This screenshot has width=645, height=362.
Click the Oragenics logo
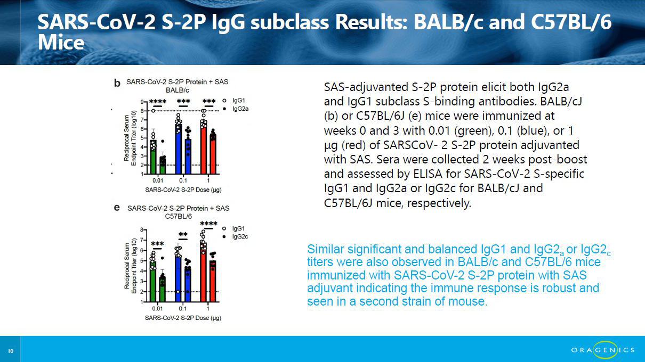[603, 350]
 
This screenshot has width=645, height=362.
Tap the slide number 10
[10, 351]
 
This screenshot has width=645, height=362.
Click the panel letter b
[117, 83]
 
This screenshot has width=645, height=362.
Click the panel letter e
[117, 208]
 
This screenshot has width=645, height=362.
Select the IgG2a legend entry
[236, 109]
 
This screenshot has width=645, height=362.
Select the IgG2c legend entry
[236, 237]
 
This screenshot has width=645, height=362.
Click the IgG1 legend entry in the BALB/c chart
[234, 101]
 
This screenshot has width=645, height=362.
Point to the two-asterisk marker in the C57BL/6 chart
[183, 234]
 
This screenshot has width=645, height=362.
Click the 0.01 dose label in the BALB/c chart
[157, 180]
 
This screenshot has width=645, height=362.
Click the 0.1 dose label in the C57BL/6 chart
[182, 309]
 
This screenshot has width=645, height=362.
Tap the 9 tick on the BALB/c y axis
[142, 102]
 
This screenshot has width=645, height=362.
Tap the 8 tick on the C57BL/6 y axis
[142, 230]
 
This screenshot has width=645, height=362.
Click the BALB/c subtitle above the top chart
[178, 90]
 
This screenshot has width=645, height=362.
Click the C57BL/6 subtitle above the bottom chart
[178, 216]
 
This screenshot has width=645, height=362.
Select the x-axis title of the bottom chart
[183, 318]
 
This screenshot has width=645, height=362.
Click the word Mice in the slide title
[61, 43]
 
